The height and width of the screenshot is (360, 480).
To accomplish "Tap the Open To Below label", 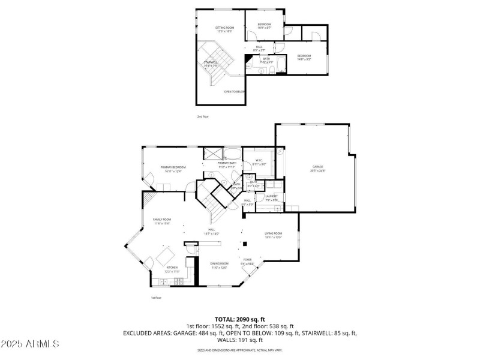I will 235,92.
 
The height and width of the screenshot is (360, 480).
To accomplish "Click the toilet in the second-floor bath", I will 272,71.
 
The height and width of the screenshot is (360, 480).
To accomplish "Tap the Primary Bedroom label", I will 173,168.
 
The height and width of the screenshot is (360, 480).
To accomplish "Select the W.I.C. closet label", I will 259,161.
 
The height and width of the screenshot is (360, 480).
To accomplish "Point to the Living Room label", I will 273,235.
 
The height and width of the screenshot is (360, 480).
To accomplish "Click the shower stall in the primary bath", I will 211,152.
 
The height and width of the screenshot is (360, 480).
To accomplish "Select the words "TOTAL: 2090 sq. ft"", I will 240,319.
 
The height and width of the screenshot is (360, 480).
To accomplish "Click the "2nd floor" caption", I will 203,116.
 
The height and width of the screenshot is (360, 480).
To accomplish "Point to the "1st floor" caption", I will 156,298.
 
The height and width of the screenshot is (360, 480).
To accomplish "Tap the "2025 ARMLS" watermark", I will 30,344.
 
